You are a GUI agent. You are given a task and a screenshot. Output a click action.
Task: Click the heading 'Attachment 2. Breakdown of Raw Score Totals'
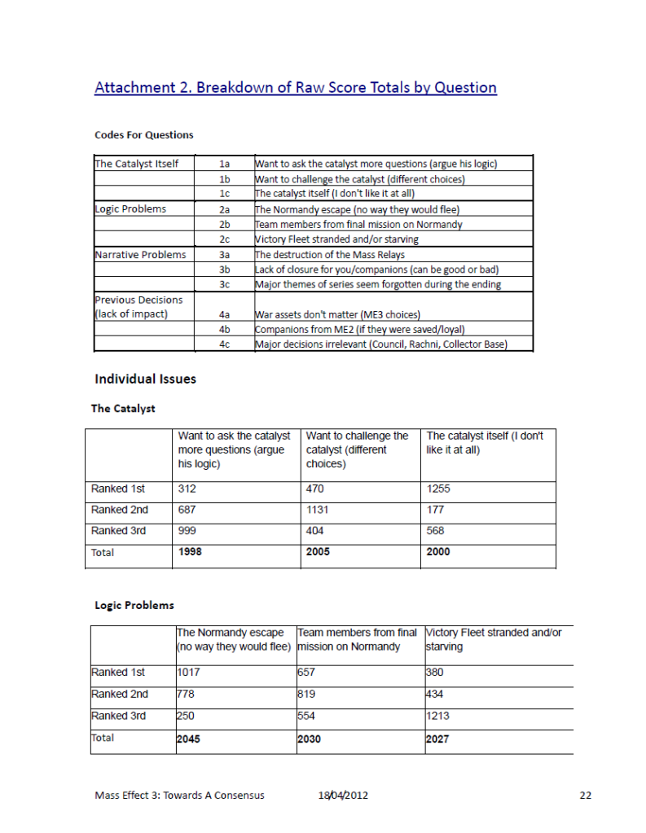[295, 88]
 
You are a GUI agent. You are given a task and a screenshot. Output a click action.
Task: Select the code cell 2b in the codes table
[226, 224]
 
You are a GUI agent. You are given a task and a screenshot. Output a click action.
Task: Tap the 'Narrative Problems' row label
[140, 255]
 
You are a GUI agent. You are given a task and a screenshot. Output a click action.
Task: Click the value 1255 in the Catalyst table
[438, 489]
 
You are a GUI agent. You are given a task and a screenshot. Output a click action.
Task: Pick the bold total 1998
[191, 552]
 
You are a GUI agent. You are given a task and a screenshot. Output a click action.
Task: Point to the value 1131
[319, 511]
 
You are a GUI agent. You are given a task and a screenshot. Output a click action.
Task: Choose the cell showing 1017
[188, 673]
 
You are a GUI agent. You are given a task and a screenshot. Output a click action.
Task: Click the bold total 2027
[437, 739]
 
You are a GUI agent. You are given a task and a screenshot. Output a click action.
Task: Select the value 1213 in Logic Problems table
[437, 717]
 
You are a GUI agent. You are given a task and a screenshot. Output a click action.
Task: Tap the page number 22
[585, 796]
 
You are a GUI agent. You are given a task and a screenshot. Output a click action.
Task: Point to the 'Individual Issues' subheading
[145, 379]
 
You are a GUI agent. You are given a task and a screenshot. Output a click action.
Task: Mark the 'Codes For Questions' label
[143, 134]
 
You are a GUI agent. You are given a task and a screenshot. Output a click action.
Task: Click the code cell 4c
[226, 344]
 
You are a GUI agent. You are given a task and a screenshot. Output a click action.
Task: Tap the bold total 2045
[189, 739]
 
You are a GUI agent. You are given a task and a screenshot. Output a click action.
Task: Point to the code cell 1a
[226, 164]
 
